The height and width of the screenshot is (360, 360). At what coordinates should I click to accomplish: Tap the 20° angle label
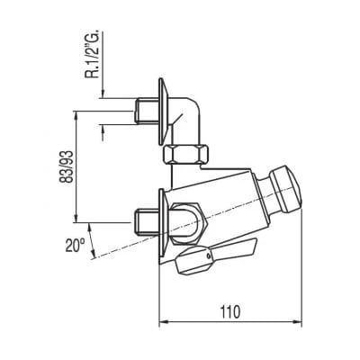(x=75, y=245)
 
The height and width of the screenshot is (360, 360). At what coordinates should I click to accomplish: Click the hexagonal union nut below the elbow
(x=186, y=154)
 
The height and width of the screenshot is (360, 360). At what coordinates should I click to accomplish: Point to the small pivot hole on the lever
(x=208, y=256)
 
